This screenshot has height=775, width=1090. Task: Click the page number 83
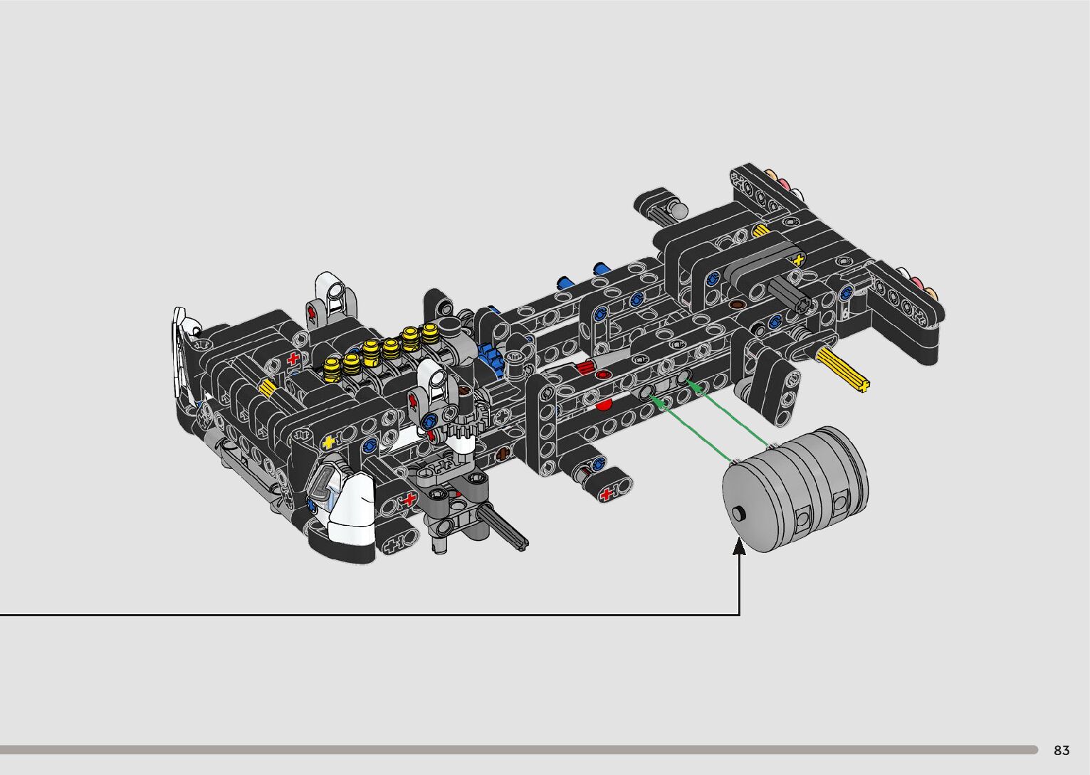click(1062, 750)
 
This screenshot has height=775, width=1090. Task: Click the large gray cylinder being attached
click(795, 490)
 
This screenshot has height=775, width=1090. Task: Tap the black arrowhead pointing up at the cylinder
click(739, 546)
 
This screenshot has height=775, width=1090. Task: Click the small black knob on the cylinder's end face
click(739, 513)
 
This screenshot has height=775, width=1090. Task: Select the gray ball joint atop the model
click(678, 210)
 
